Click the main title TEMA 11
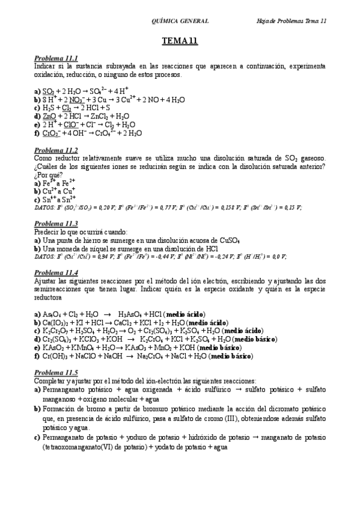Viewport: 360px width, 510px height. coord(180,41)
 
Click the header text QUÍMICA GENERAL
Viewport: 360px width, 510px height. coord(182,20)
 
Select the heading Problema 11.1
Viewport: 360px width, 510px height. coord(56,58)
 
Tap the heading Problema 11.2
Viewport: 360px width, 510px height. coord(56,150)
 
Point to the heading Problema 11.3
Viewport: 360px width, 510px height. coord(56,223)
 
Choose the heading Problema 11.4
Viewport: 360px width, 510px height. coord(56,272)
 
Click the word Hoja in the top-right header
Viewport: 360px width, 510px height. coord(262,20)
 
